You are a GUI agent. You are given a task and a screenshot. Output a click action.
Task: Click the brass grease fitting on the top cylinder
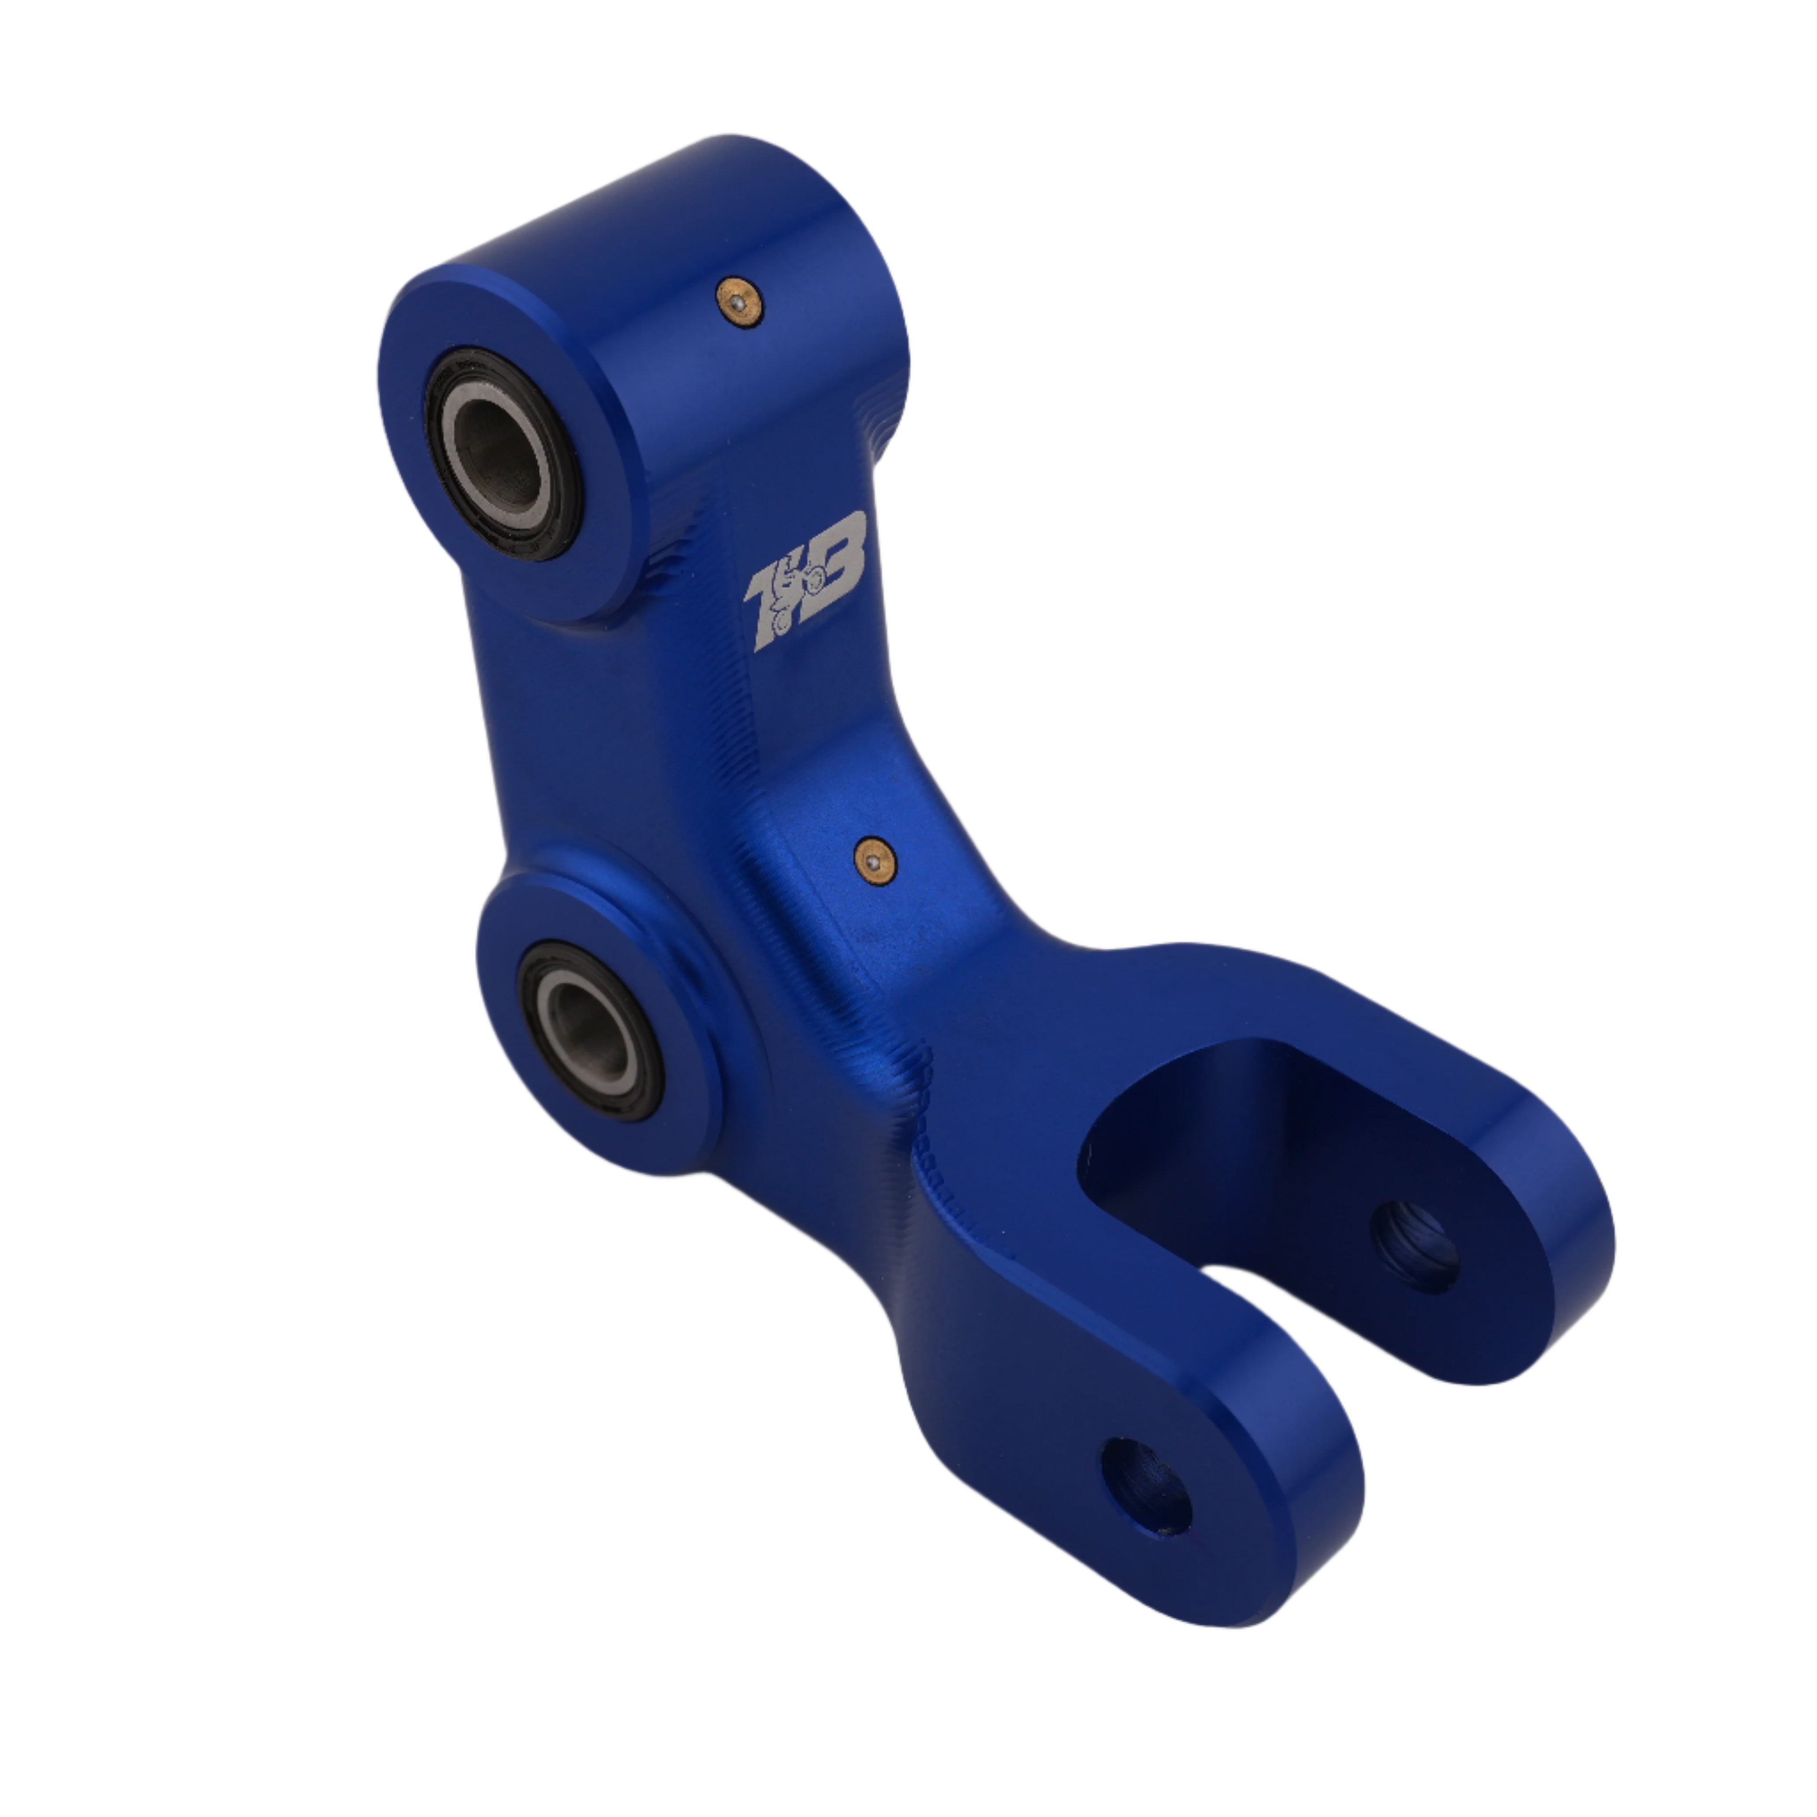coord(738,301)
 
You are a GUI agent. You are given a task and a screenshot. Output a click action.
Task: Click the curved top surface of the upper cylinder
coord(658,216)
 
